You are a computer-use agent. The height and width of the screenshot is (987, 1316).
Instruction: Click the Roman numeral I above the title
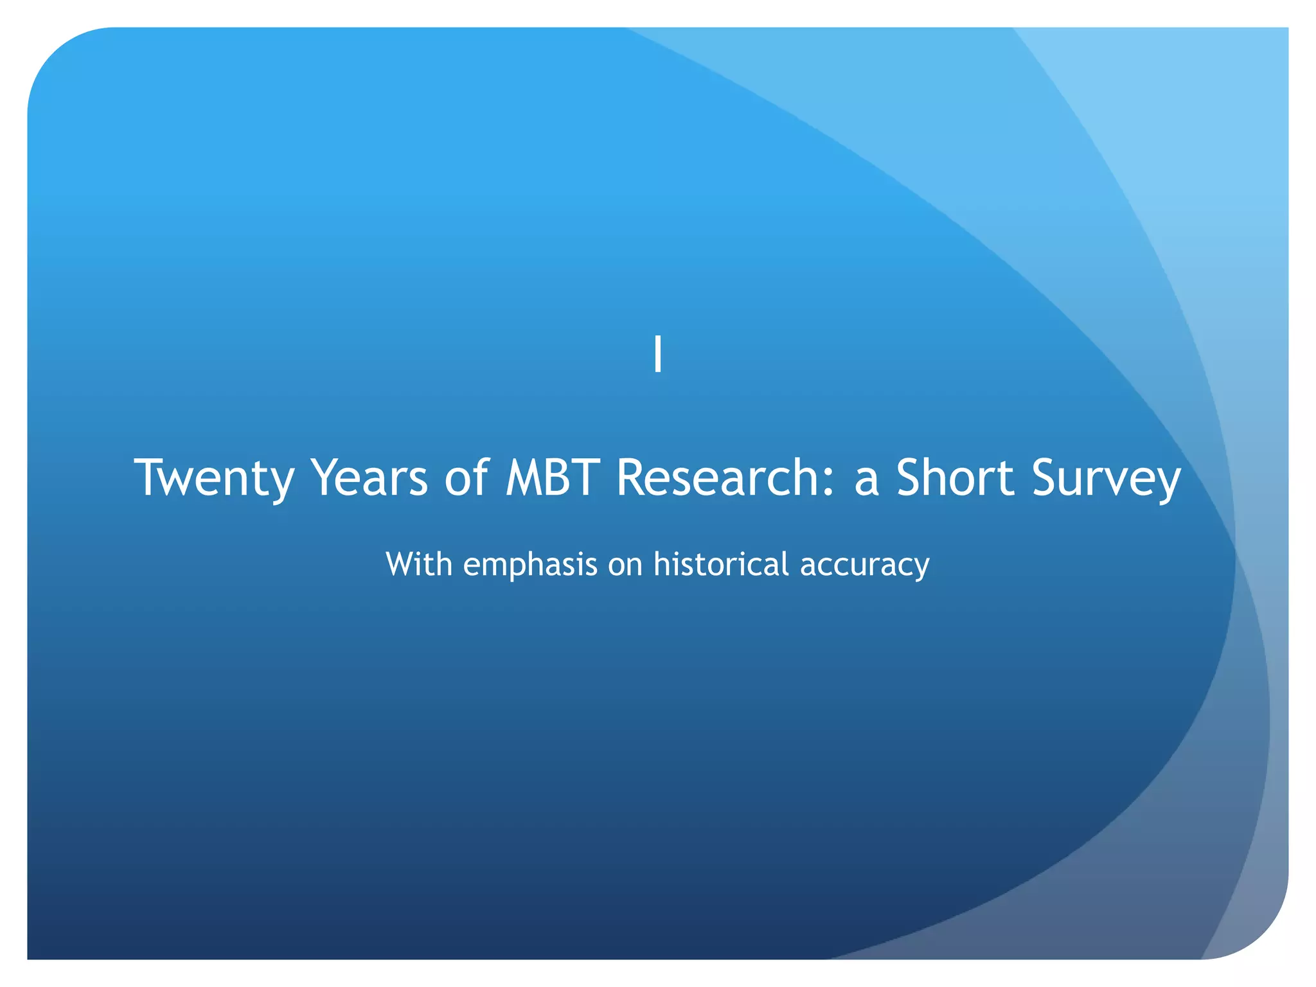[x=657, y=354]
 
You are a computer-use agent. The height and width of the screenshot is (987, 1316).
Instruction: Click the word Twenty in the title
[x=214, y=478]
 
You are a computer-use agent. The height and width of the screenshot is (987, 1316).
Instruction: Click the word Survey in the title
[x=1106, y=478]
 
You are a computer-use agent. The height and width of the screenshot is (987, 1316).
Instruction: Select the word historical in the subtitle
[x=721, y=564]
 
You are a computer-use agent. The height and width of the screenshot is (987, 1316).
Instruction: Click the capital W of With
[x=401, y=564]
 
